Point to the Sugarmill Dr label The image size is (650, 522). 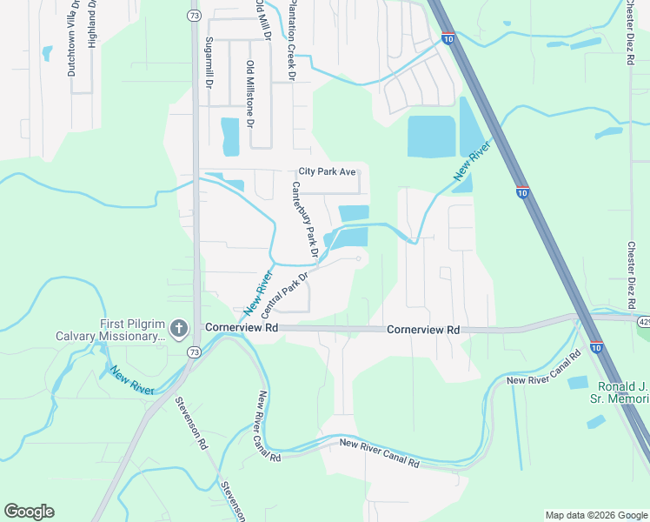click(209, 63)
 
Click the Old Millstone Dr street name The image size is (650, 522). click(250, 94)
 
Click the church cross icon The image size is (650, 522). click(178, 329)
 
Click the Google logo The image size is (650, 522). click(29, 512)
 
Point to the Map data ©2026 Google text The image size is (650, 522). click(595, 515)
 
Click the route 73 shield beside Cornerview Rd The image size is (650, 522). click(194, 351)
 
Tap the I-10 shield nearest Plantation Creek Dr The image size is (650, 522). click(447, 40)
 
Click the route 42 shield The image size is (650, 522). click(643, 322)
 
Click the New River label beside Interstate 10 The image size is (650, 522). click(473, 163)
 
